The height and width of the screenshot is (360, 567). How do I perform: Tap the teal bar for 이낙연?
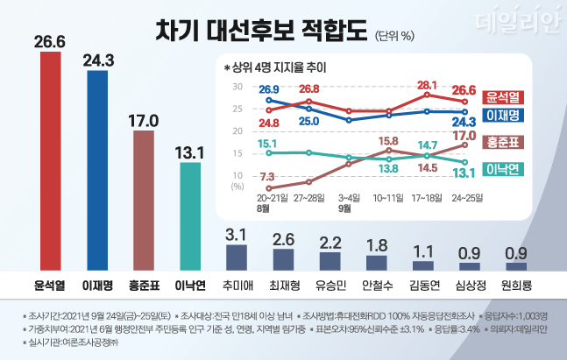190,215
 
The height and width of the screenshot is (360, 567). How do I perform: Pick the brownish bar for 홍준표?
144,197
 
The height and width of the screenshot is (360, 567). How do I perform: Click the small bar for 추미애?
237,257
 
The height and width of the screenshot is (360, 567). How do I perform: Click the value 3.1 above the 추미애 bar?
237,233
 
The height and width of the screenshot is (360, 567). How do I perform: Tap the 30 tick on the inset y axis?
237,87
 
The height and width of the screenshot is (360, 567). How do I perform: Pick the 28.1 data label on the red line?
427,85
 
